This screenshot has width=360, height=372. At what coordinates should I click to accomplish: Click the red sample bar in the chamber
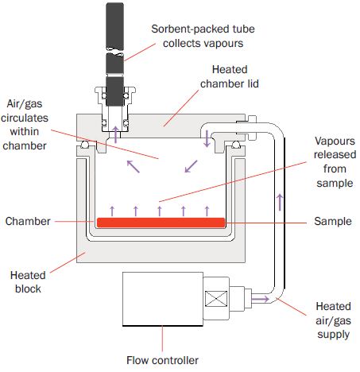pos(161,223)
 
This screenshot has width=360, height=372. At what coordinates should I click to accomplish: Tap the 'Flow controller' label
pos(162,360)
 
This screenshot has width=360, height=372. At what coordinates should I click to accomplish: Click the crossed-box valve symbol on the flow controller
pos(216,299)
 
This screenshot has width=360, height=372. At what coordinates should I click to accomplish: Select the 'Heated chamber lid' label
pos(230,76)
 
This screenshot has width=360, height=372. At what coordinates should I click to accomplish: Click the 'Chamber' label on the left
pos(28,221)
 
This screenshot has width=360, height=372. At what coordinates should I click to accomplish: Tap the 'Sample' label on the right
pos(333,221)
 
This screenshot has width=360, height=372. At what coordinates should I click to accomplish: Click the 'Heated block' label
pos(28,282)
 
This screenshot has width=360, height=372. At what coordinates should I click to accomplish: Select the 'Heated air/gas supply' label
pos(333,320)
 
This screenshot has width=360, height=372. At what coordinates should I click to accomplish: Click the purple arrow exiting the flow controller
pos(260,300)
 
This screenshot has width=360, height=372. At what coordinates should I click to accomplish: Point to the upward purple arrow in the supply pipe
pos(280,203)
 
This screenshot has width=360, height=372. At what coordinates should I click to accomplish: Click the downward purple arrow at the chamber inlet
pos(207,138)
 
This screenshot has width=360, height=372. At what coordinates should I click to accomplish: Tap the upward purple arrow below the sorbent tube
pos(115,134)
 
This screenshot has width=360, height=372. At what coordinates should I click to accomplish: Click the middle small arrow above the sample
pos(160,211)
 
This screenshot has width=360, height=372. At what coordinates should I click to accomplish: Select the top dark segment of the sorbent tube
pos(114,25)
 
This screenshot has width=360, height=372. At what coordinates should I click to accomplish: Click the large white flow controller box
pos(163,299)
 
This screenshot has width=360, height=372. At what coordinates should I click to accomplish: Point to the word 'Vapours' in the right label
pos(335,141)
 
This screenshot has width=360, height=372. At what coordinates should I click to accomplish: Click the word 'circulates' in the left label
pos(25,118)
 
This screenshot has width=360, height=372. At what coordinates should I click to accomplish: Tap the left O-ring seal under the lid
pos(85,145)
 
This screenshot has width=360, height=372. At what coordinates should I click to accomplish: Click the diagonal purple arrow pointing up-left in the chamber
pos(134,167)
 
